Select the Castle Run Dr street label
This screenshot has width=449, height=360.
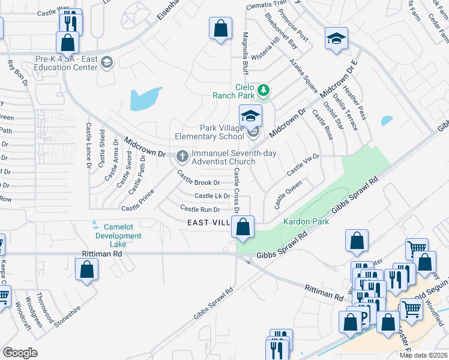pos(200,209)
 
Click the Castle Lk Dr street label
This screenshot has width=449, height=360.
pos(212,196)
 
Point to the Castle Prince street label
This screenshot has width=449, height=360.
pos(137,200)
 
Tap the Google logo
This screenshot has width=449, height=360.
pos(20,352)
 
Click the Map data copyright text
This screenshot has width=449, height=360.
pos(423,356)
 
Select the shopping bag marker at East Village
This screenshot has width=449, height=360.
pos(243,227)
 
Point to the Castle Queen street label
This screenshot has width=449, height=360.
pos(288,196)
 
